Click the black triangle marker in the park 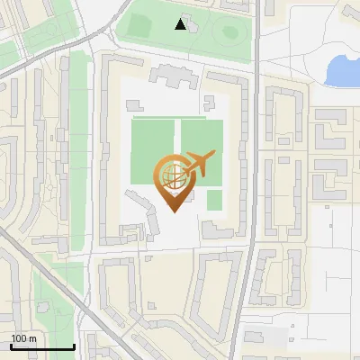pos(181,24)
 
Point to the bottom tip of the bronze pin pos(173,211)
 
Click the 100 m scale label pos(23,338)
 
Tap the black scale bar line pos(41,346)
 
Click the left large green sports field pos(154,148)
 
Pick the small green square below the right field pos(214,199)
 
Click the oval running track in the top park pos(230,34)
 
